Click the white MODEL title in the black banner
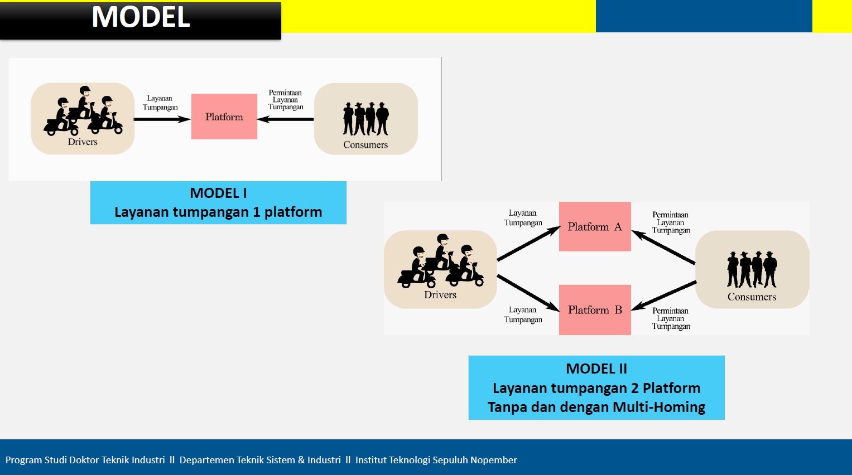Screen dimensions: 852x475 [141, 17]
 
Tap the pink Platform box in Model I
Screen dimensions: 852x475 [224, 117]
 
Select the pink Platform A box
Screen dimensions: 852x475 [595, 226]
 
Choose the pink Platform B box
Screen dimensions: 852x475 [595, 310]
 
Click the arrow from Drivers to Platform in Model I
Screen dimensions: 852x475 [162, 119]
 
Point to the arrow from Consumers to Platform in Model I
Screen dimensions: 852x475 [285, 119]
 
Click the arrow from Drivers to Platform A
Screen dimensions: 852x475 [529, 243]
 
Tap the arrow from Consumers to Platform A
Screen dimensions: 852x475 [663, 247]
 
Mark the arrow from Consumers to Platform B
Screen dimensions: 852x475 [664, 295]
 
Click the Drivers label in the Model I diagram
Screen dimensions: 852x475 [83, 142]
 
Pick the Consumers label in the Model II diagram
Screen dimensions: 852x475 [752, 297]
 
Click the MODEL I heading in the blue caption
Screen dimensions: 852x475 [218, 193]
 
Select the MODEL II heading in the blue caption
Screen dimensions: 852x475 [596, 369]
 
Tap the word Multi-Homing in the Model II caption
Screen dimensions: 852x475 [659, 407]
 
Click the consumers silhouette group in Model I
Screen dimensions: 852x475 [365, 119]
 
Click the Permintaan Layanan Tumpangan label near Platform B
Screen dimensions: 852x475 [671, 318]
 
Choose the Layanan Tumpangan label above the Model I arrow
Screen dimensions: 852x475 [160, 103]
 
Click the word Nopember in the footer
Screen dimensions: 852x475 [494, 460]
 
